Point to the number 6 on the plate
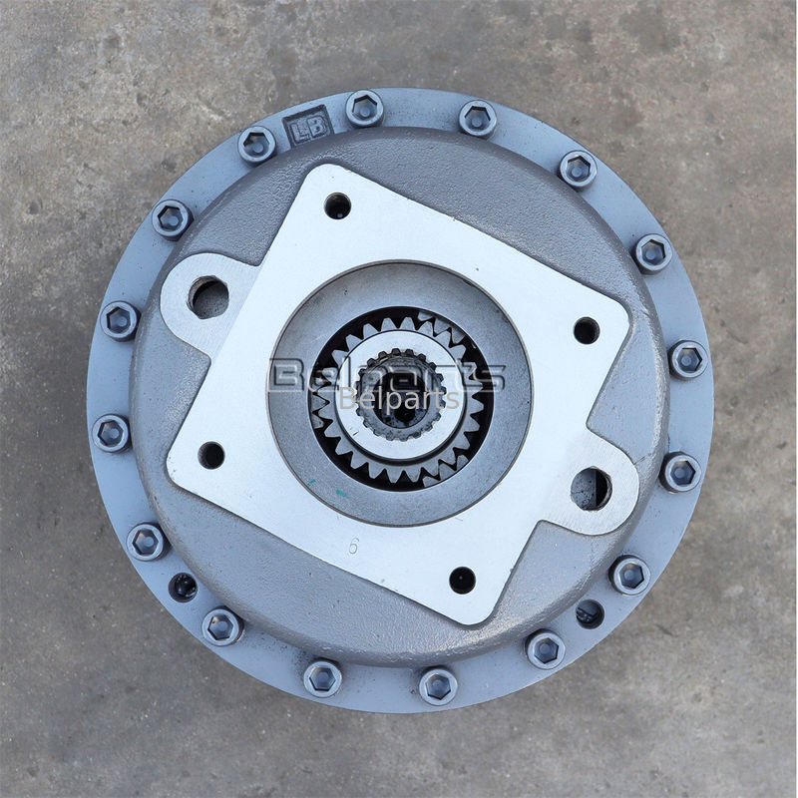pyautogui.click(x=354, y=546)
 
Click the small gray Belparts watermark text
pyautogui.click(x=399, y=400)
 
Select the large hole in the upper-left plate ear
pyautogui.click(x=209, y=297)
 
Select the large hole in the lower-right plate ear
pyautogui.click(x=590, y=488)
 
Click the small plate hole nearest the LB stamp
pyautogui.click(x=337, y=205)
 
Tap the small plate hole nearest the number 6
pyautogui.click(x=462, y=580)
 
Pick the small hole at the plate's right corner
pyautogui.click(x=587, y=330)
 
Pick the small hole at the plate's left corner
pyautogui.click(x=211, y=455)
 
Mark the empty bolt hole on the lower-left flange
pyautogui.click(x=183, y=587)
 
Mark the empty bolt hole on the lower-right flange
pyautogui.click(x=590, y=612)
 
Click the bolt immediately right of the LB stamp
pyautogui.click(x=364, y=108)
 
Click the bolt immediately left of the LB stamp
pyautogui.click(x=256, y=145)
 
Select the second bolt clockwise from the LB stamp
pyautogui.click(x=478, y=119)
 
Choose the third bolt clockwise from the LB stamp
pyautogui.click(x=578, y=168)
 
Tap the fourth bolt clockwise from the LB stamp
pyautogui.click(x=652, y=251)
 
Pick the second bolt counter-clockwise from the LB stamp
pyautogui.click(x=172, y=218)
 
